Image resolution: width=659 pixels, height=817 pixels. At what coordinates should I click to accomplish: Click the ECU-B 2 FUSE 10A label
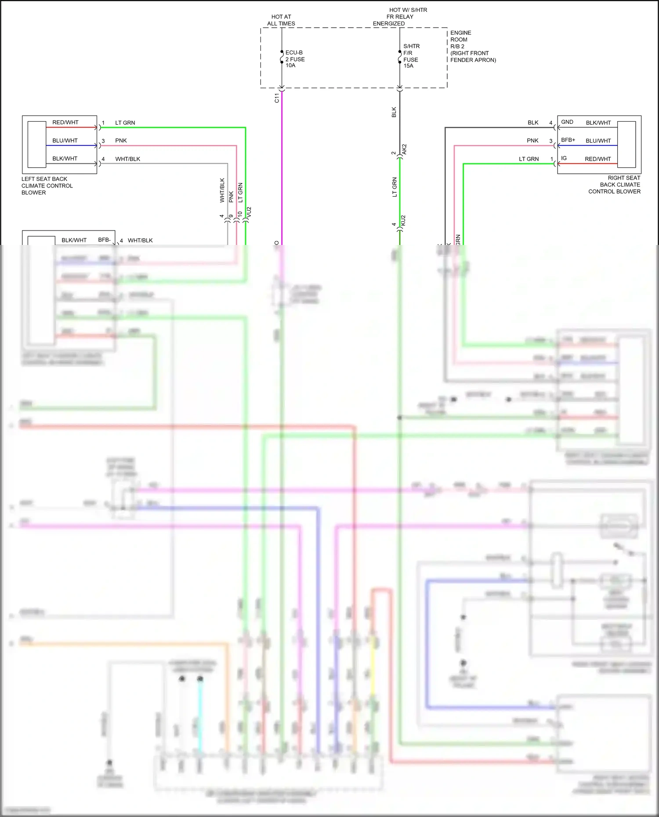point(295,59)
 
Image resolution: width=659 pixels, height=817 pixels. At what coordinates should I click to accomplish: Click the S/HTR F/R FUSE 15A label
point(411,56)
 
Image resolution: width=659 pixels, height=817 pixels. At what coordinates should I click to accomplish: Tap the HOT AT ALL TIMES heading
point(281,20)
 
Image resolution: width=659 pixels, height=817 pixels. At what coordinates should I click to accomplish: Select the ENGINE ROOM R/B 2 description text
point(472,46)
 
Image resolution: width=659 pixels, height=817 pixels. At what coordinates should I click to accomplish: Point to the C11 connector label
point(276,98)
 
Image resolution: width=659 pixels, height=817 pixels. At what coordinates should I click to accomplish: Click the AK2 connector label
point(404,149)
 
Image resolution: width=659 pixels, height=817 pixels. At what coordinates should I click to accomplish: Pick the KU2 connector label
point(403,221)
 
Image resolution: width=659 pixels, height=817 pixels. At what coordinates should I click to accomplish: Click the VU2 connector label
point(249,212)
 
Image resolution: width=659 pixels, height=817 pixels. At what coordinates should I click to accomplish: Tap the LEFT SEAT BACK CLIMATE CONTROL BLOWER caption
point(47,186)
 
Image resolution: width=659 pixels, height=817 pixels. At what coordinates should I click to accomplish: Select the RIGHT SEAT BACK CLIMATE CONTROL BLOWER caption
point(615,184)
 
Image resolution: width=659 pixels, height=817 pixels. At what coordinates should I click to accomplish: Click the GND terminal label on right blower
point(567,122)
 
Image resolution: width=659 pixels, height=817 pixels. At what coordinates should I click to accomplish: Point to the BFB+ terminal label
point(568,140)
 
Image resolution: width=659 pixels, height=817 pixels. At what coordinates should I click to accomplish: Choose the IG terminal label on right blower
point(564,158)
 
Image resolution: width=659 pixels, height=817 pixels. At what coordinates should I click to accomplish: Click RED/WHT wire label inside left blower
point(65,122)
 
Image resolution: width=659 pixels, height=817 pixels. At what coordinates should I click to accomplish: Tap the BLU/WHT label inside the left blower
point(65,140)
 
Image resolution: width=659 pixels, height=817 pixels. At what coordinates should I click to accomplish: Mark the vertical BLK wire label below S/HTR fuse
point(394,112)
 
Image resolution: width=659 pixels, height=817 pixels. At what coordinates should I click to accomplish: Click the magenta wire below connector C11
point(282,167)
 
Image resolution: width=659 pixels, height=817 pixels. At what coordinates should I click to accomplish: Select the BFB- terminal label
point(104,240)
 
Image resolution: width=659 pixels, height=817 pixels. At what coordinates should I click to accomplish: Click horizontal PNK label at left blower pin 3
point(121,140)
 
